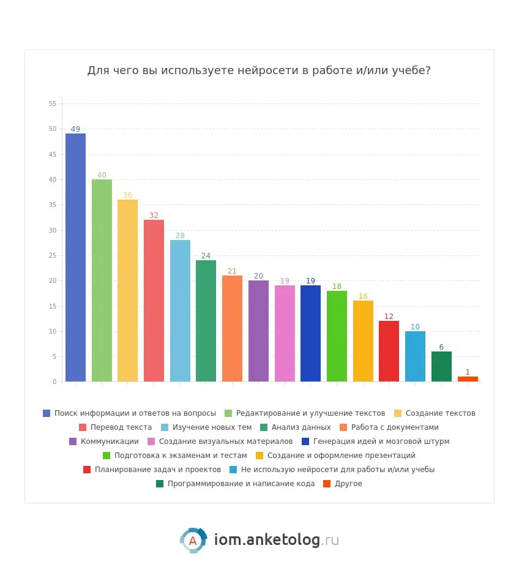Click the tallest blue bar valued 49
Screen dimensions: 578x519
(75, 257)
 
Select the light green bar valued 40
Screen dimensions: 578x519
(102, 280)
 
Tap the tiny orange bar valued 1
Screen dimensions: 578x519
(468, 379)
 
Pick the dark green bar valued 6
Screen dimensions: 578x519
(441, 366)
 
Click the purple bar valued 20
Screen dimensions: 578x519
(258, 331)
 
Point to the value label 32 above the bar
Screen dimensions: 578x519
(154, 216)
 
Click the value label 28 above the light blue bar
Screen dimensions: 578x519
(180, 236)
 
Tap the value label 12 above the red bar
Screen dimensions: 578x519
(389, 317)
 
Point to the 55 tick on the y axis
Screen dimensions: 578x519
(53, 104)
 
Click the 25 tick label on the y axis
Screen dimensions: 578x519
(53, 256)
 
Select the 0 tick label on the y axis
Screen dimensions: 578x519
(54, 382)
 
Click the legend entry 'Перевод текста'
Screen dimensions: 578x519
(121, 427)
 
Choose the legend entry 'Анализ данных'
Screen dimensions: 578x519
(301, 427)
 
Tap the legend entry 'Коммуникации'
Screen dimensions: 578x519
(110, 441)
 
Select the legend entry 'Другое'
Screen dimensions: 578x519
(348, 484)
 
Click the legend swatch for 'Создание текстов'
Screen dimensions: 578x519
(398, 413)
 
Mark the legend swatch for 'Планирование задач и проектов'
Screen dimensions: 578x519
(87, 470)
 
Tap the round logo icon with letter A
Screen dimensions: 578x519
(193, 540)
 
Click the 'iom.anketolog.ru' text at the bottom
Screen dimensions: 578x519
(276, 540)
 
